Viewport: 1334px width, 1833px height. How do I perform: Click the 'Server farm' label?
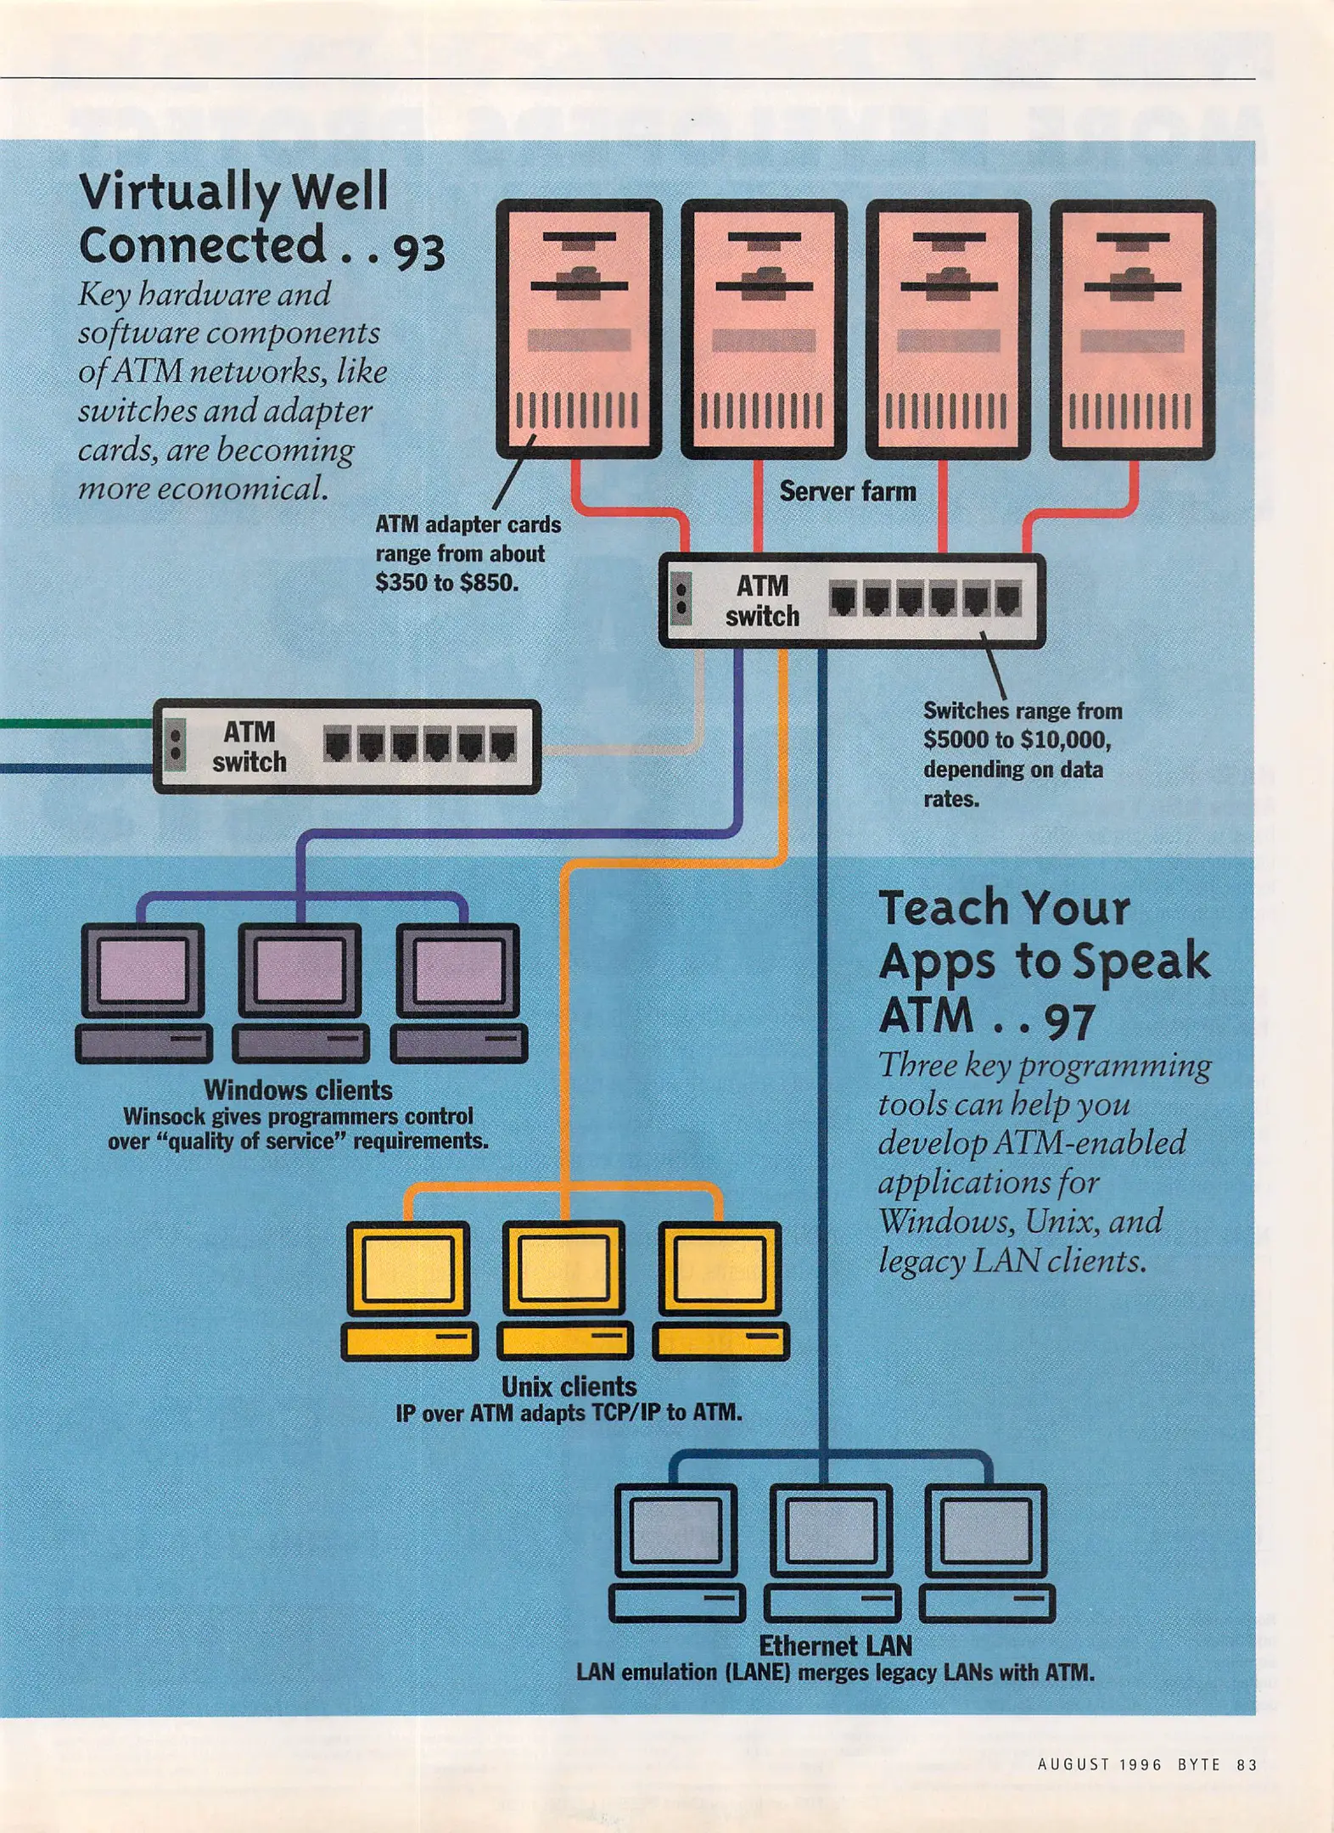coord(847,491)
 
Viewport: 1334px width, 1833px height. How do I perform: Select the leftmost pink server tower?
coord(579,329)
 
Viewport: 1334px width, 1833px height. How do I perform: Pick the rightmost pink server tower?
coord(1132,329)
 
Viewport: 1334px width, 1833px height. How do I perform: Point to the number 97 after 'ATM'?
coord(1068,1021)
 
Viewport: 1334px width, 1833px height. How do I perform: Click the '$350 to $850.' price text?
coord(446,583)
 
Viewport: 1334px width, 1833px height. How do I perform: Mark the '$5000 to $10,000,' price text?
coord(1017,740)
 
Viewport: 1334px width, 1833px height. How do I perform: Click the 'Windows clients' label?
coord(298,1090)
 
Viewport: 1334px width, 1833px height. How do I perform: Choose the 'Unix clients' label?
coord(569,1386)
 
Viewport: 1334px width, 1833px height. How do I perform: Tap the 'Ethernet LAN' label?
coord(835,1645)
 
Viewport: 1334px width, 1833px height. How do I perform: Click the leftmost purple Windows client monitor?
coord(143,970)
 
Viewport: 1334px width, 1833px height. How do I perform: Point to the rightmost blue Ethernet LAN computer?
coord(986,1552)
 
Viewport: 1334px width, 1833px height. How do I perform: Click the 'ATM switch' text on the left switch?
coord(249,747)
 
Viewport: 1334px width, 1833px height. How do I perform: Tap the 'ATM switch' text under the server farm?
coord(762,601)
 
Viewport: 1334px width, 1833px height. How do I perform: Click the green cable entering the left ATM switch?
coord(76,723)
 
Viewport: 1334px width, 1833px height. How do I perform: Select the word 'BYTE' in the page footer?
coord(1198,1764)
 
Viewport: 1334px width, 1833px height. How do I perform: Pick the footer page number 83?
coord(1246,1764)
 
